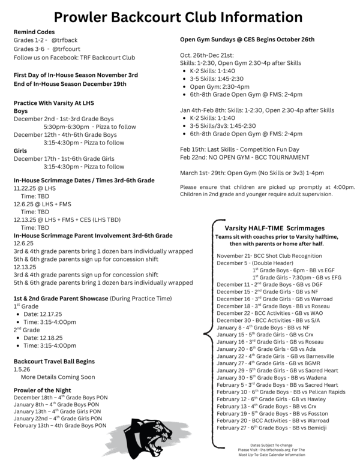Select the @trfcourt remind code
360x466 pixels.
click(67, 49)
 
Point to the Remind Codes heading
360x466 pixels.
click(34, 31)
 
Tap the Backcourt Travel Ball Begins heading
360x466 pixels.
click(54, 362)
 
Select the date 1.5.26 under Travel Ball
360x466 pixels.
click(23, 369)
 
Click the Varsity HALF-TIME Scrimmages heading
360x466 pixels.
click(275, 229)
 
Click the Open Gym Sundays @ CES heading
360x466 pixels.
click(247, 40)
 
